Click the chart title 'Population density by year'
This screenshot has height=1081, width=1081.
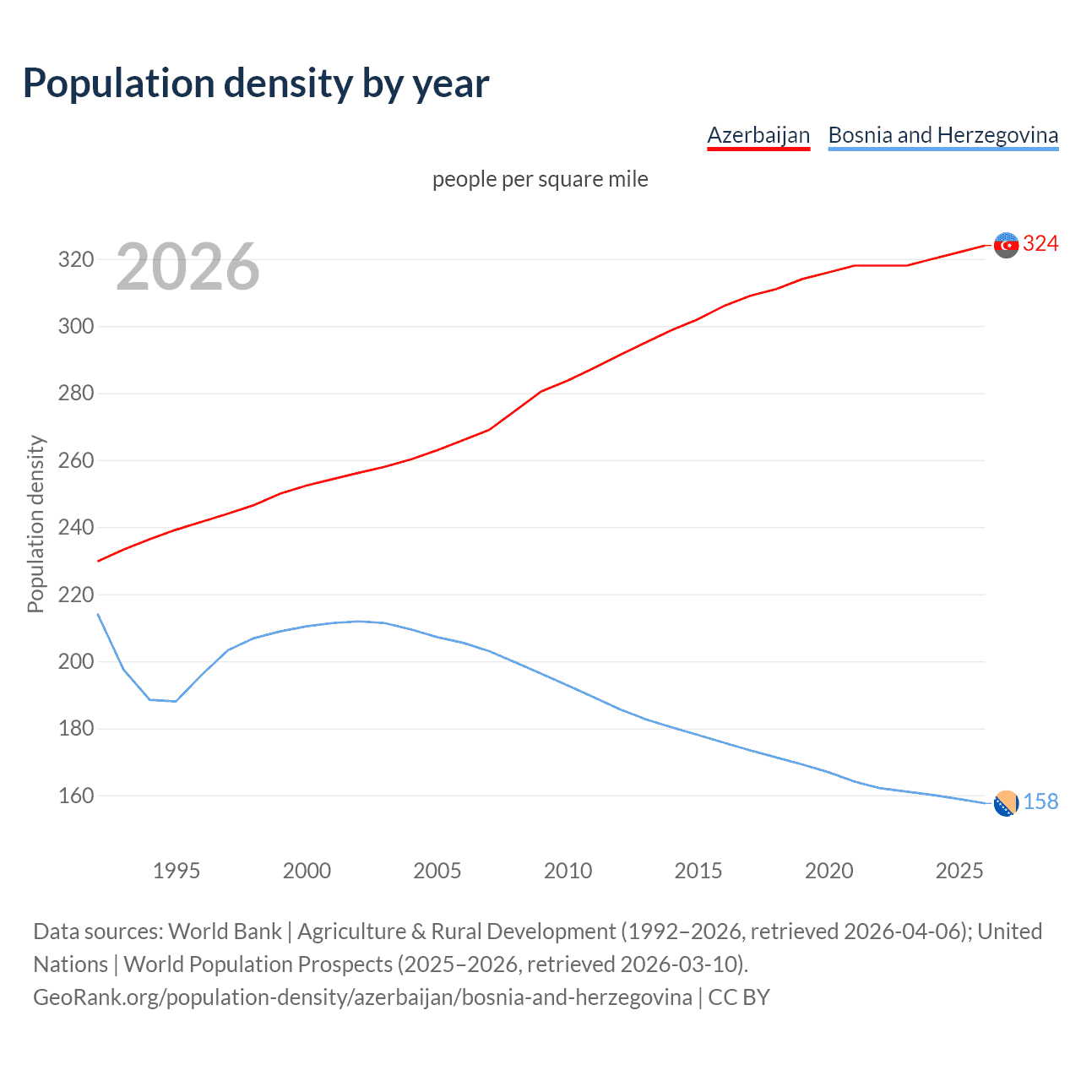tap(256, 84)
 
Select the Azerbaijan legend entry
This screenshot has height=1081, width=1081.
tap(758, 135)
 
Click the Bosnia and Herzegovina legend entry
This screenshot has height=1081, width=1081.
tap(942, 135)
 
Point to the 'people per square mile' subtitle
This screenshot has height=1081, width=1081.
tap(540, 180)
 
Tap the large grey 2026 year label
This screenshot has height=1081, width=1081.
tap(187, 267)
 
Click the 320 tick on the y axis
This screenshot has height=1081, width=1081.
tap(76, 259)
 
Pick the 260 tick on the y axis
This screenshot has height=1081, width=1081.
tap(76, 460)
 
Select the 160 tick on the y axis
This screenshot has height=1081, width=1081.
tap(76, 796)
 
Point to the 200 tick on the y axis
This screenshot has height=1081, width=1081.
tap(76, 661)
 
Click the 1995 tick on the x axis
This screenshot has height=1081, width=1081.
tap(176, 871)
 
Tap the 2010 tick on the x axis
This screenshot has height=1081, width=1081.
tap(568, 871)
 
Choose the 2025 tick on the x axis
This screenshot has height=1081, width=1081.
tap(959, 871)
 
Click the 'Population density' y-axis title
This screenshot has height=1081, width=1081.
tap(35, 524)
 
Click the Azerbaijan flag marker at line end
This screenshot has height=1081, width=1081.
tap(1006, 245)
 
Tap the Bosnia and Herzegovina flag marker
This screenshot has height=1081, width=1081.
tap(1006, 804)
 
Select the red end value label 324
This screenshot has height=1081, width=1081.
tap(1040, 244)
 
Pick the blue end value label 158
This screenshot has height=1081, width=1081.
tap(1040, 802)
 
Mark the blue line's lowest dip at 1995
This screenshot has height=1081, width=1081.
tap(176, 701)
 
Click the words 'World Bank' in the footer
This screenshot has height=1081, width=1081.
tap(225, 932)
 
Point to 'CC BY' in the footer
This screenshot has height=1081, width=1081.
tap(739, 997)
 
